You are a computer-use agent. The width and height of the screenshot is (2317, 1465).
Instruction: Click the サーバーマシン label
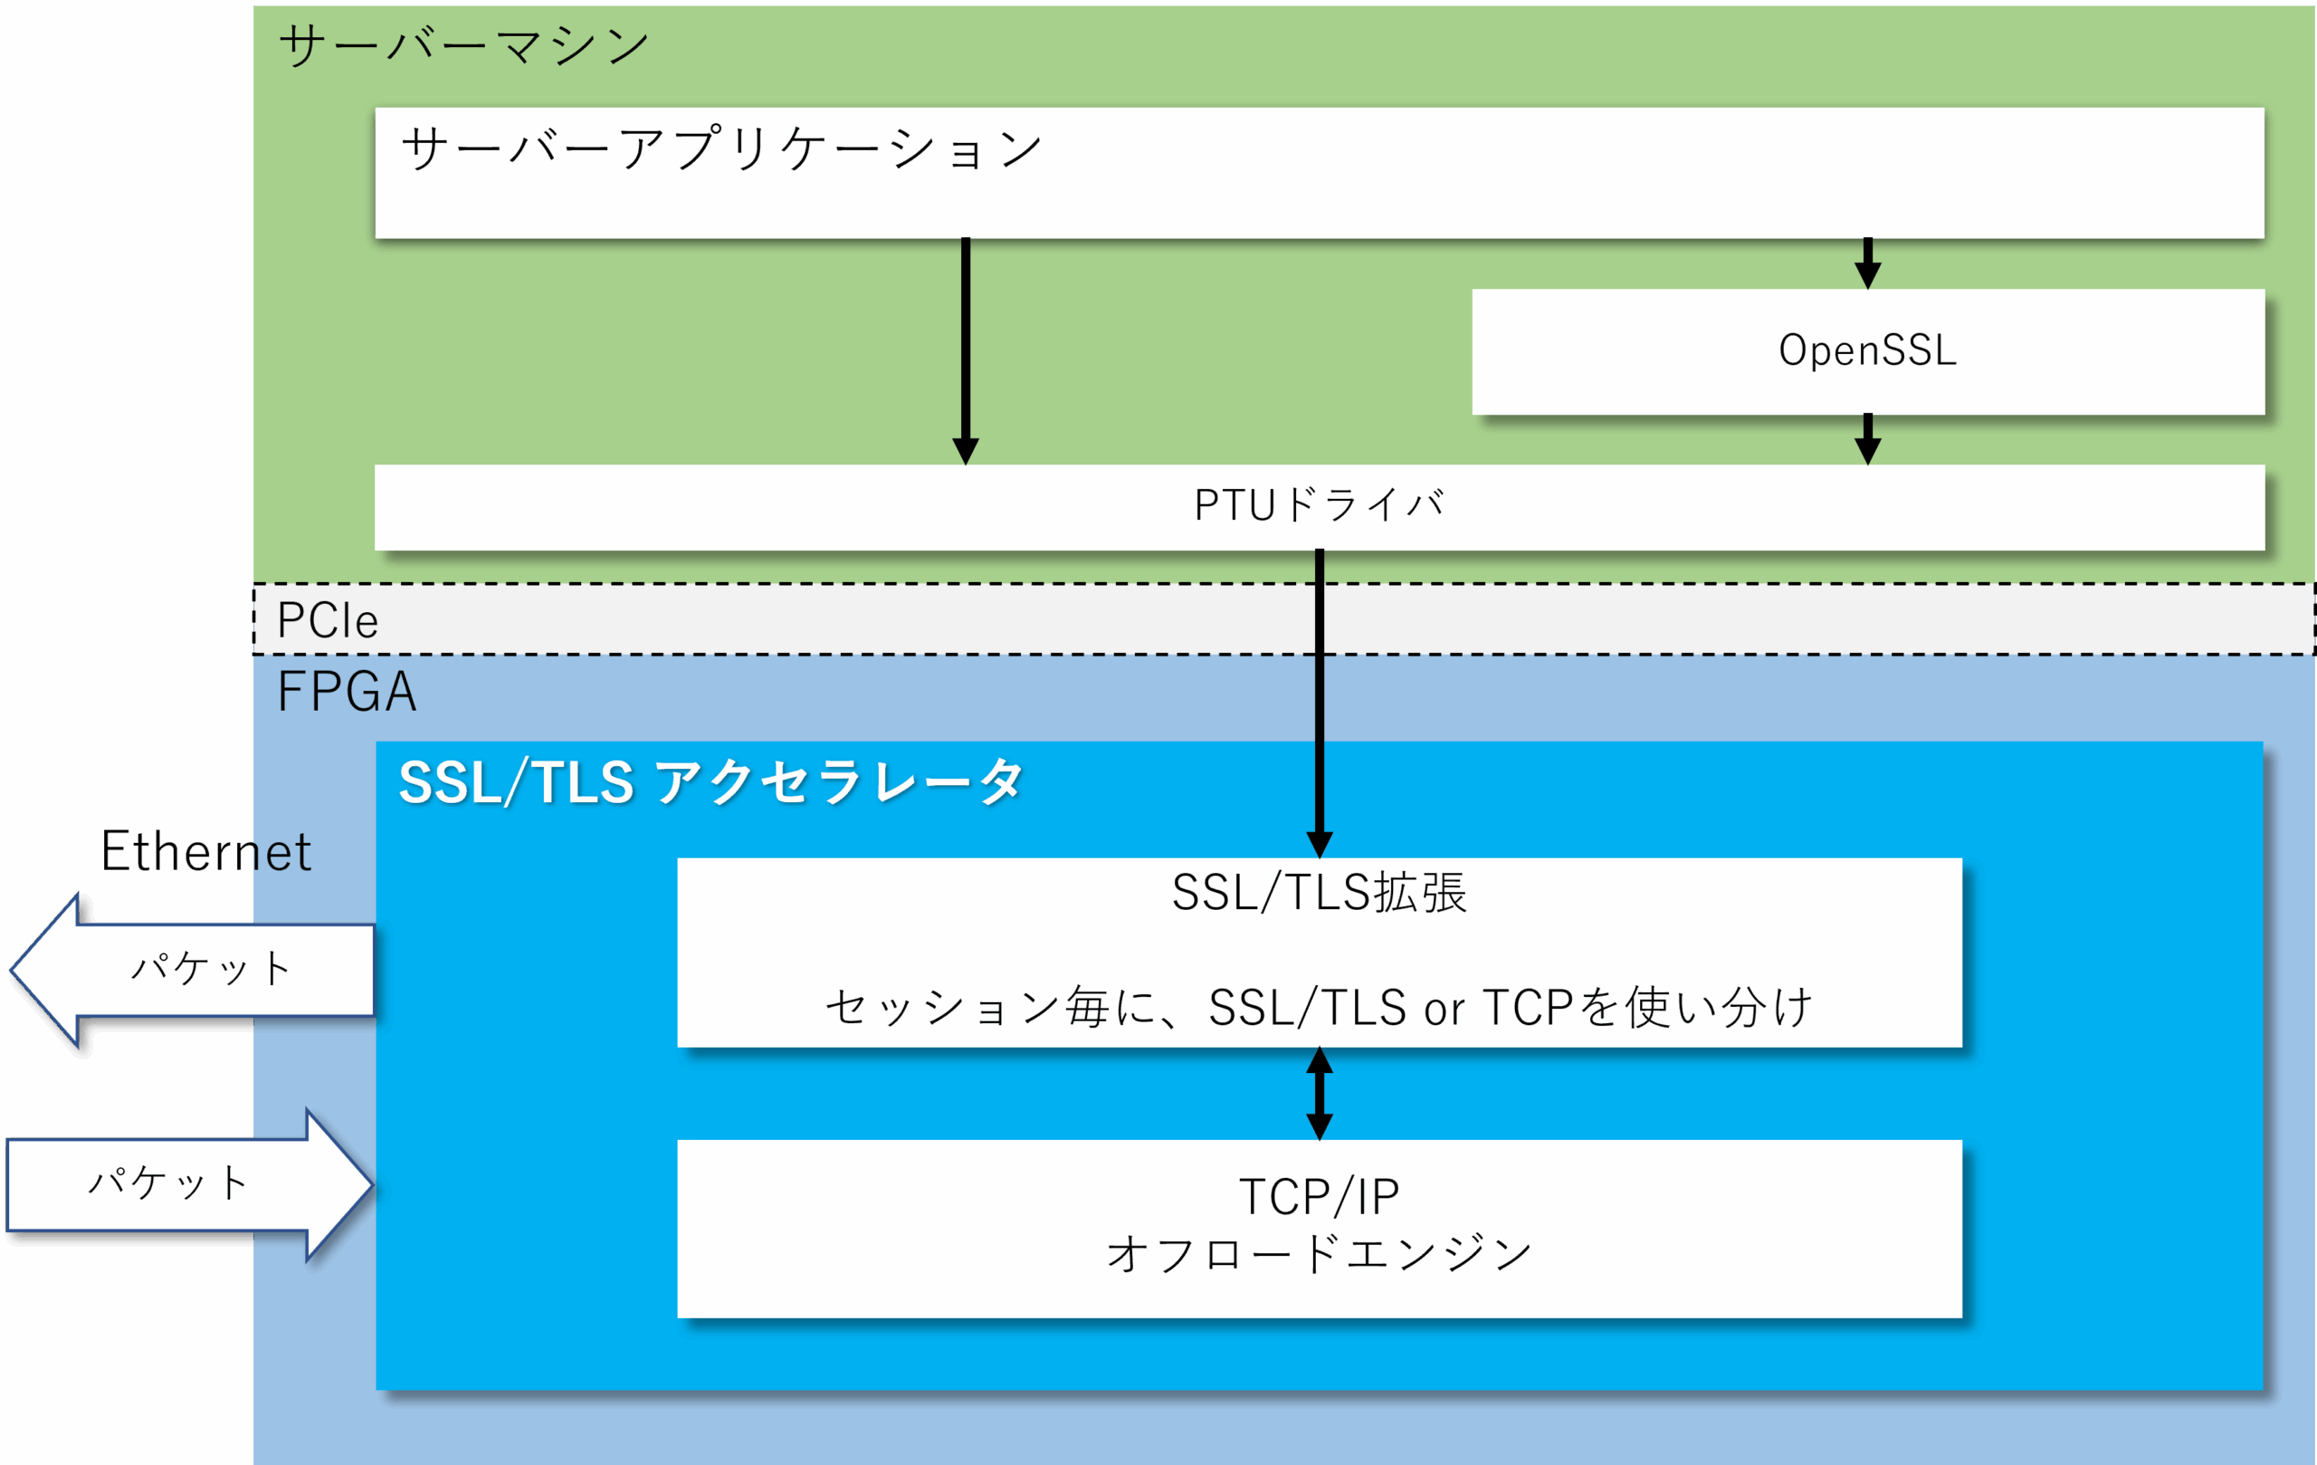point(463,45)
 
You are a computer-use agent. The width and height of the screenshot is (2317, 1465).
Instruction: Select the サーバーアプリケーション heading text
point(721,149)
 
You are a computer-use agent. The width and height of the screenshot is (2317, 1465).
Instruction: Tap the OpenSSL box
point(1868,351)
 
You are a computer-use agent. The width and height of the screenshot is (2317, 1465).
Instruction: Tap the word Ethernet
point(206,851)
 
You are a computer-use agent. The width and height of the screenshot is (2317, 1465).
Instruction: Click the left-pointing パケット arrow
point(193,970)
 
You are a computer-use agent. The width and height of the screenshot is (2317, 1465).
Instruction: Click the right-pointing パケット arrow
point(189,1184)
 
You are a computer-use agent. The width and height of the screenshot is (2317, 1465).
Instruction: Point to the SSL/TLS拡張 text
point(1320,892)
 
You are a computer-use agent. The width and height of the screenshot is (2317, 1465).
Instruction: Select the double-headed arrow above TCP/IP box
point(1320,1094)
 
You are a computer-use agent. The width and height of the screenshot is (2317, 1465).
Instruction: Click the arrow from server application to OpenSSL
point(1868,263)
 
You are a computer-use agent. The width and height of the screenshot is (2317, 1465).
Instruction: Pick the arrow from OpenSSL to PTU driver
point(1868,439)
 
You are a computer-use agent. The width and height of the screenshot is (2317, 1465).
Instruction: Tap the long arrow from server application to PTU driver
point(965,351)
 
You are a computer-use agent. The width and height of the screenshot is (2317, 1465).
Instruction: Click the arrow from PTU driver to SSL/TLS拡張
point(1320,704)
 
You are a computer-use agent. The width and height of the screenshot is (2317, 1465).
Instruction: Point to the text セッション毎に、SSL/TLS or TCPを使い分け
point(1320,1008)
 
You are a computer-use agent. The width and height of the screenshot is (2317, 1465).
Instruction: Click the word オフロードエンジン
point(1320,1253)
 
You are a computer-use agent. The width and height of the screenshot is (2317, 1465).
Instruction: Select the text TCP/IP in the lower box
point(1320,1196)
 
